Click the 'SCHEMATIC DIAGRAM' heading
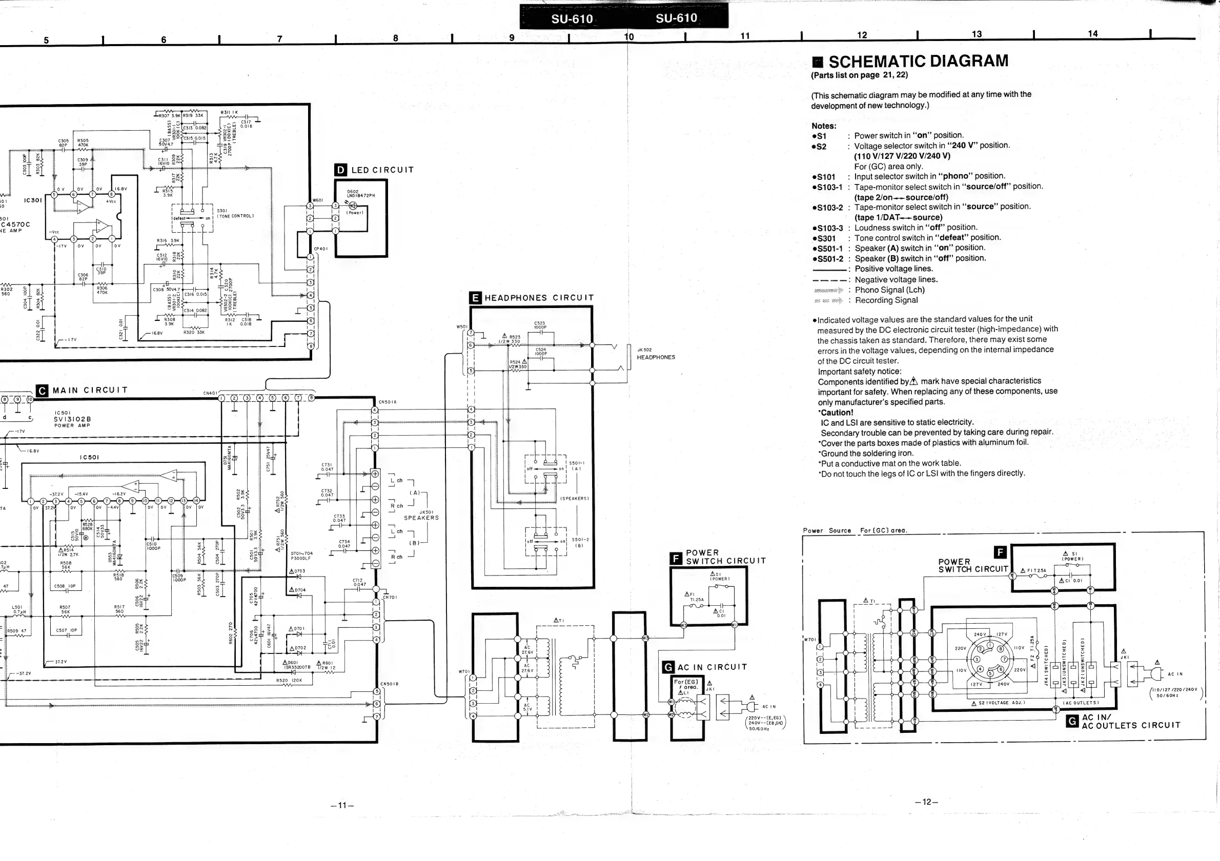[x=918, y=61]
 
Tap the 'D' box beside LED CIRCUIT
[x=340, y=170]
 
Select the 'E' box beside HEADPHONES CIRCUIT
[x=476, y=298]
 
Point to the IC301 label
[x=33, y=200]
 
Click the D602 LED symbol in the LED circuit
[x=353, y=205]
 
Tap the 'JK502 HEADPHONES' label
[x=655, y=354]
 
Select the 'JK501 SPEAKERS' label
[x=421, y=515]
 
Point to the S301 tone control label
[x=235, y=213]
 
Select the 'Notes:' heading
[x=824, y=126]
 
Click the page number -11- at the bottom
[x=342, y=805]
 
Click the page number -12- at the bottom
[x=926, y=802]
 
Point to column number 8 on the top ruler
[x=395, y=38]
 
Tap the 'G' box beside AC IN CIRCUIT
[x=668, y=667]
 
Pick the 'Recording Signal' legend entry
[x=886, y=300]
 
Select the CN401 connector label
[x=210, y=394]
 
